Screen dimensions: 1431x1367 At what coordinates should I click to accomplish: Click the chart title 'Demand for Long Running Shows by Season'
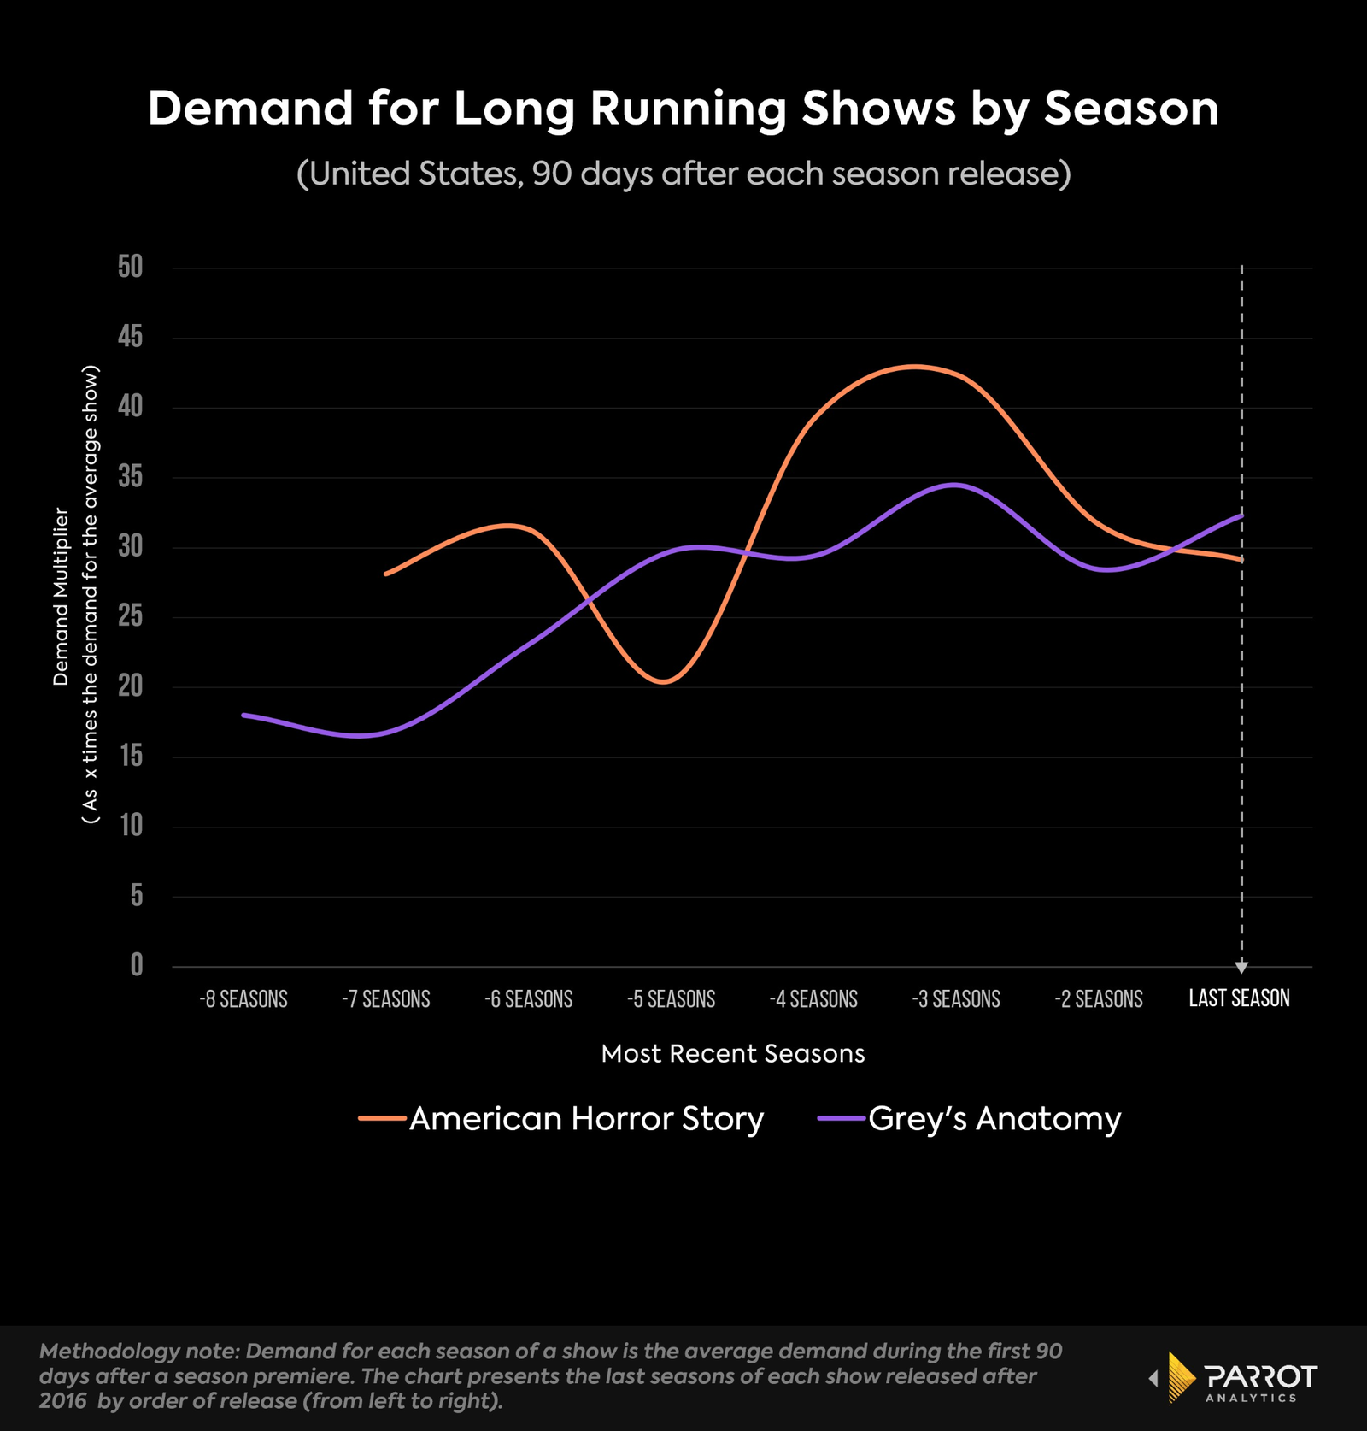(683, 109)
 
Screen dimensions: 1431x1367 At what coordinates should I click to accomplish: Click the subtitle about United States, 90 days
(683, 174)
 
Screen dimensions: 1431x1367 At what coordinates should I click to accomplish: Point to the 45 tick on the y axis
(131, 337)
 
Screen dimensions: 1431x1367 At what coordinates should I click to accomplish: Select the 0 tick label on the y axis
(137, 965)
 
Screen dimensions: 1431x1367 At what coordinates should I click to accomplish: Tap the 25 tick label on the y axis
(131, 615)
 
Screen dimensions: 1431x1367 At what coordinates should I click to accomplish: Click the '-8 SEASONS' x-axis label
(243, 998)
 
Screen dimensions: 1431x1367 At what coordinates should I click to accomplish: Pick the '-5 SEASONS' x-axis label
(671, 998)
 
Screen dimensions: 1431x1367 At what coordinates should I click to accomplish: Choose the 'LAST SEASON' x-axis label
(1239, 998)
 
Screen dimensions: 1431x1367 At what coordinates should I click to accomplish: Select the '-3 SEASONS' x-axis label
(955, 998)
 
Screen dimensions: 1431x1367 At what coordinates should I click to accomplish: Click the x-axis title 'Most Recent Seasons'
(732, 1053)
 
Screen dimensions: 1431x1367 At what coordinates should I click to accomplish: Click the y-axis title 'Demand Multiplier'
(61, 596)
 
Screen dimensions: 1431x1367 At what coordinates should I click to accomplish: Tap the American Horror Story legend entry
(561, 1118)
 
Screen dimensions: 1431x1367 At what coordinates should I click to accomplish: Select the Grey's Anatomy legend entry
(970, 1118)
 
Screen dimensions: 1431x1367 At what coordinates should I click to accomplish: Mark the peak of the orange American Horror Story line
(914, 367)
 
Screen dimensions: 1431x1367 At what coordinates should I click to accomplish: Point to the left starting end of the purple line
(244, 715)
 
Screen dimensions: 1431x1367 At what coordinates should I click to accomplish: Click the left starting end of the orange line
(386, 574)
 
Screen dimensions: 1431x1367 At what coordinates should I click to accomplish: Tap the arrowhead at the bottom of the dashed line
(1241, 967)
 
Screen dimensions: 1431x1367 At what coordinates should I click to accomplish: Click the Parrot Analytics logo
(1235, 1376)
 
